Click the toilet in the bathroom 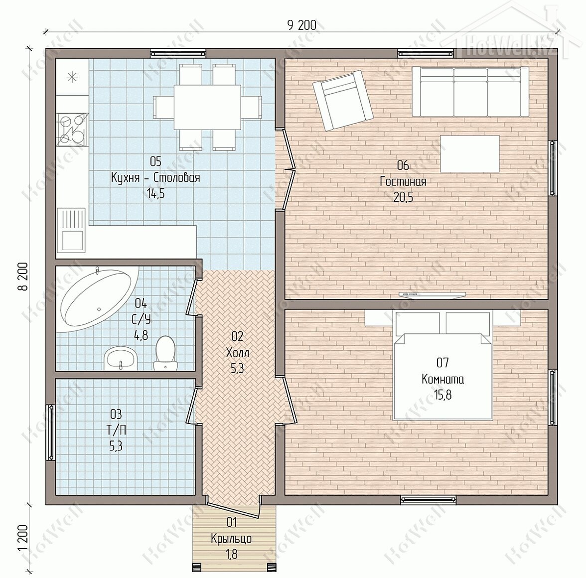(164, 353)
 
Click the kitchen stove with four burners (73, 129)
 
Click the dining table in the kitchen (207, 107)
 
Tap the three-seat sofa (470, 92)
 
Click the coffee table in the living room (470, 153)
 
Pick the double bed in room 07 (442, 366)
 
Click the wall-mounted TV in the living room (432, 295)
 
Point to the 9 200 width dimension (301, 25)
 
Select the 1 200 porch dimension (23, 537)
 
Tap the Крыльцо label (231, 539)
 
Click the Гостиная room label (403, 181)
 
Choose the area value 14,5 (155, 193)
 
